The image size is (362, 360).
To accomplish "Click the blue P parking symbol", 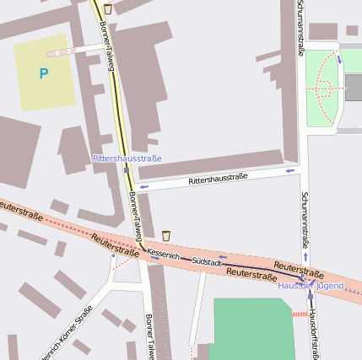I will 43,74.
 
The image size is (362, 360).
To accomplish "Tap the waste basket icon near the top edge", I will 107,8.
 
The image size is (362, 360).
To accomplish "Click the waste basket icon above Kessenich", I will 166,234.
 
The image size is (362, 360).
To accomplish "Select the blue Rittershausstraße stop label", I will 127,159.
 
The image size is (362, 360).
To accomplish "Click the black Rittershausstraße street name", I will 218,179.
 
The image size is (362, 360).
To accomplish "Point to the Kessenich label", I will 163,253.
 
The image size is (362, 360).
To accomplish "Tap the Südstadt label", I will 207,262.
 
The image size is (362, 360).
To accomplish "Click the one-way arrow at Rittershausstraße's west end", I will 144,186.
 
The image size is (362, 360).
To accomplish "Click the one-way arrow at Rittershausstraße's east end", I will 290,171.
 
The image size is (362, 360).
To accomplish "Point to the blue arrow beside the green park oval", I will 339,59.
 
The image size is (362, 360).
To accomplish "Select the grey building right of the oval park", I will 353,87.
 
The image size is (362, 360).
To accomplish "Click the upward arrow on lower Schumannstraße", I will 305,255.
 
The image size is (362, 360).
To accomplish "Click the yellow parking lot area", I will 42,72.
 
